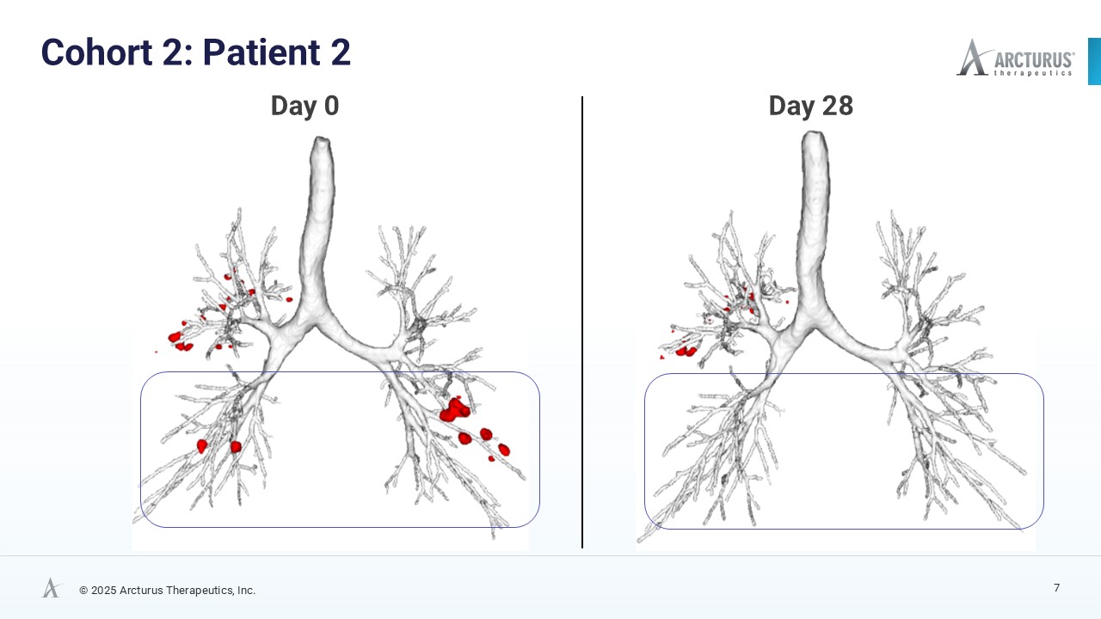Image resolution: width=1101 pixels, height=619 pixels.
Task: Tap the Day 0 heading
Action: (x=304, y=106)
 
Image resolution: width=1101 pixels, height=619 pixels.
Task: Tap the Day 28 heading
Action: (x=810, y=106)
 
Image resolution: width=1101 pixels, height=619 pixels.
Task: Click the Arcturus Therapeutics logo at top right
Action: (x=1015, y=58)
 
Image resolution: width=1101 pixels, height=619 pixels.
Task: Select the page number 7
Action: (x=1056, y=588)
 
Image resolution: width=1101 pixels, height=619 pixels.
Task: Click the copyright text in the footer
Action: (x=167, y=591)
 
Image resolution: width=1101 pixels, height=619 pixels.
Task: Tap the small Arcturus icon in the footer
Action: (x=52, y=588)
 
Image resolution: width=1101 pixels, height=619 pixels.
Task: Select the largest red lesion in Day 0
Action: (x=453, y=409)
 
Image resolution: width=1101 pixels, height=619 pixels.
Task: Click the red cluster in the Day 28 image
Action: (x=686, y=351)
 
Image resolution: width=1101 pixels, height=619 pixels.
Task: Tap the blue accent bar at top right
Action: (x=1094, y=61)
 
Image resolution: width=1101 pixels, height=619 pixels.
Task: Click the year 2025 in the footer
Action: (x=103, y=591)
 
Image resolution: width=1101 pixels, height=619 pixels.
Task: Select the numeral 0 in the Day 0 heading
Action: (x=330, y=106)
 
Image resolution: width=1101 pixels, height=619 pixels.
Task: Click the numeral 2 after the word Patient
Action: (x=340, y=52)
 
